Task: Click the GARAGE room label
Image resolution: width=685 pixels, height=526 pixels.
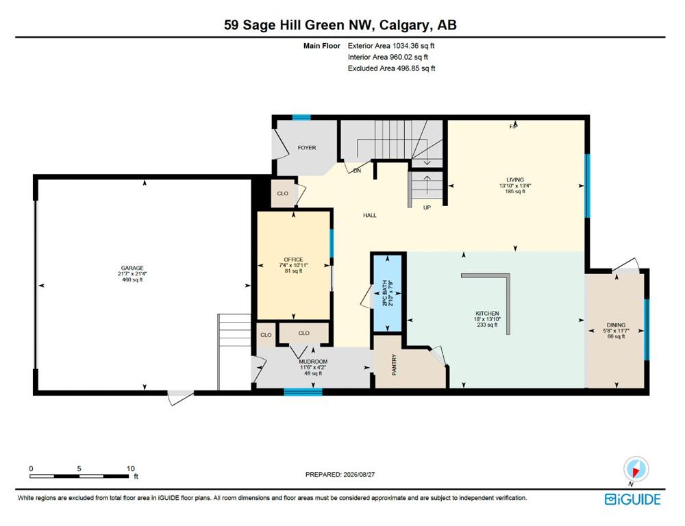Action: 132,268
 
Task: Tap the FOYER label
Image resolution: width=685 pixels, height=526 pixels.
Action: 307,148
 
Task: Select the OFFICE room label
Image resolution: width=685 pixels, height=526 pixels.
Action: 293,259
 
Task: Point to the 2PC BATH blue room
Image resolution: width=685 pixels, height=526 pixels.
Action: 386,292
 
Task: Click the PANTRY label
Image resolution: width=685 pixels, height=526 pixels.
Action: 394,364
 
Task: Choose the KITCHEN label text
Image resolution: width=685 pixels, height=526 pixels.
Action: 487,313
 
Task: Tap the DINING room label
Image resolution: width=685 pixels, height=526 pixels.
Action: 616,325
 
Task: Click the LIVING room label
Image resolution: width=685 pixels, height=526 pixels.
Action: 515,179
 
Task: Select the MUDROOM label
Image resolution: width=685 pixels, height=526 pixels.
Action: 313,362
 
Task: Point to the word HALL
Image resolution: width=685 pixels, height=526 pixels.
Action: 370,215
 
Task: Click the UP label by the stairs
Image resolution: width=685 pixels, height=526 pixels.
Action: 427,208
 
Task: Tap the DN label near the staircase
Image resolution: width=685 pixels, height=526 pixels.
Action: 357,171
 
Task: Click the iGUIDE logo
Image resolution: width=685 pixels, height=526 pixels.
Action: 632,499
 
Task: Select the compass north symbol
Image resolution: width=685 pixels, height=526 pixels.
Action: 636,470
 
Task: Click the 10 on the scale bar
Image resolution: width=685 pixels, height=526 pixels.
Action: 131,468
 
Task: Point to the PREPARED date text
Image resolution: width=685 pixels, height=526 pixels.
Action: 340,474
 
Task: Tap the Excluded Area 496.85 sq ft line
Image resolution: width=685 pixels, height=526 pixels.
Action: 391,68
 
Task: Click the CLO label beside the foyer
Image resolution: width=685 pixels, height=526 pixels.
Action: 283,193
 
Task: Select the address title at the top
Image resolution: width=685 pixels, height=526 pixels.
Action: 340,25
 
